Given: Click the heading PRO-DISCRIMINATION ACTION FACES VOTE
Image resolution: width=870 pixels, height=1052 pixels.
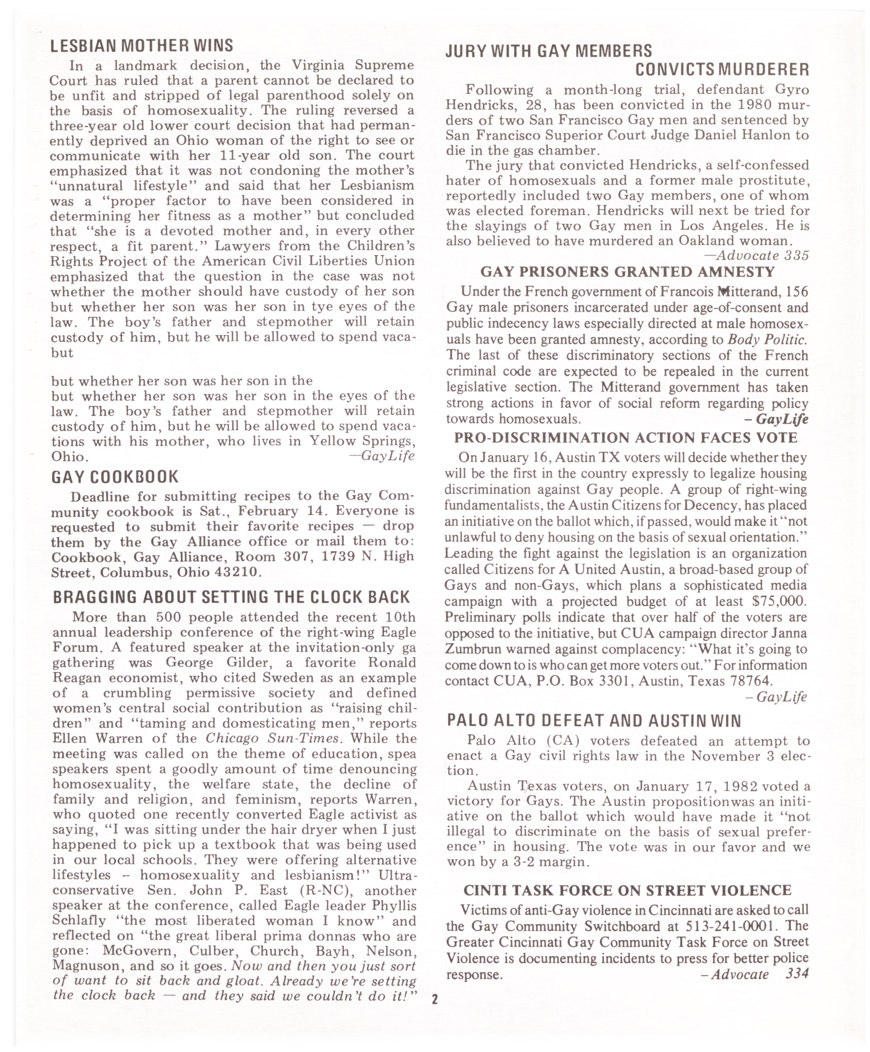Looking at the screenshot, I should point(625,438).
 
